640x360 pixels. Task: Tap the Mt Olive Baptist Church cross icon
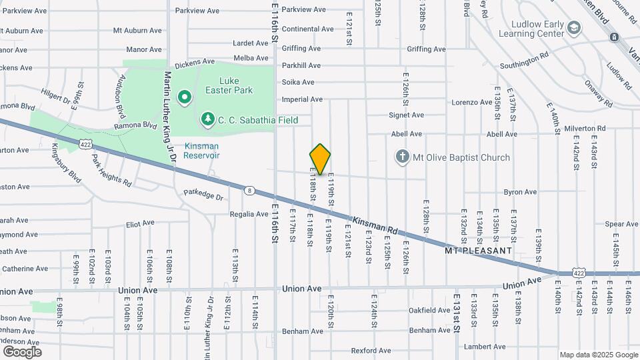[x=402, y=157]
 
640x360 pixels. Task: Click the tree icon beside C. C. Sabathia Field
[x=207, y=119]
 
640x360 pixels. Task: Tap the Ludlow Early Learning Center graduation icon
[x=575, y=27]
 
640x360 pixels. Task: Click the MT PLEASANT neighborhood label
[x=479, y=251]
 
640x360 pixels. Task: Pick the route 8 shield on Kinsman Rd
[x=249, y=190]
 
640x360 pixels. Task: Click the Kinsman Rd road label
[x=374, y=226]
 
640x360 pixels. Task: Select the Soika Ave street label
[x=298, y=83]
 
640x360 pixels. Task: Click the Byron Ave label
[x=520, y=193]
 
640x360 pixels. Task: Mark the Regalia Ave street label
[x=249, y=214]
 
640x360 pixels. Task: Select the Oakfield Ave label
[x=429, y=311]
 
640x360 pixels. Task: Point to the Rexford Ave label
[x=371, y=351]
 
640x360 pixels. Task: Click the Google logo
[x=22, y=352]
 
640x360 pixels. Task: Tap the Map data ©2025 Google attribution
[x=597, y=355]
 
